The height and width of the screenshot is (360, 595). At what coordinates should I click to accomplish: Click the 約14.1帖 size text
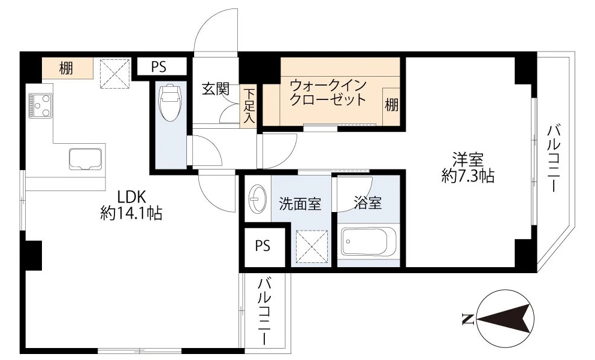coord(131,213)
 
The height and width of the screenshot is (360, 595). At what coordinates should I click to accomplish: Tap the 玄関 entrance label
coord(215,89)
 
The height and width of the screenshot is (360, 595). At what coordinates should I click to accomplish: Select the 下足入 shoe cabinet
coord(249,107)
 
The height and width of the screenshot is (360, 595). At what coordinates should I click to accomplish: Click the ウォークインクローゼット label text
coord(327,92)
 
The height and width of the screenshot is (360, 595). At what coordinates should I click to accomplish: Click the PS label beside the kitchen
coord(159,67)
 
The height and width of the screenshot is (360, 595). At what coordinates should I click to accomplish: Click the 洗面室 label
coord(300,204)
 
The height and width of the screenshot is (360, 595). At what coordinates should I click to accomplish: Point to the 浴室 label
coord(367,204)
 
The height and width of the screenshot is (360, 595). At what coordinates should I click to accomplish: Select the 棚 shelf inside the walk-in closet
coord(391,106)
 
